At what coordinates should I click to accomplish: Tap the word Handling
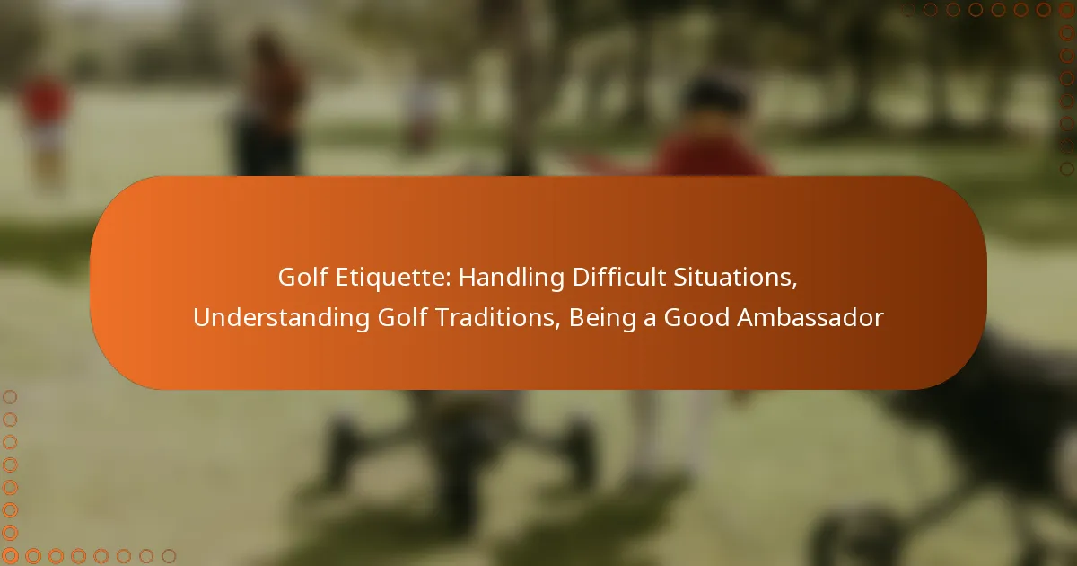[511, 278]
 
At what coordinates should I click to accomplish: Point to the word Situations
[735, 278]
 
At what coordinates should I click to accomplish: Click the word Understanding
[281, 318]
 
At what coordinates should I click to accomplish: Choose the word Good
[696, 318]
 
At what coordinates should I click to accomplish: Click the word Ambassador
[810, 318]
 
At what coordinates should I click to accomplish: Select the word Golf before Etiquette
[303, 278]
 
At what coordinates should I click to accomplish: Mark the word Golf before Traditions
[402, 318]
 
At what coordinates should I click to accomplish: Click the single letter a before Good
[650, 320]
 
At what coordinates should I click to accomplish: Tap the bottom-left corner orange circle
[10, 556]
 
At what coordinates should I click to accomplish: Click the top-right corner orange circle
[1067, 10]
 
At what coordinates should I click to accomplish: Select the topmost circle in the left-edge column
[10, 397]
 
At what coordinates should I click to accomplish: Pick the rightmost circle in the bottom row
[169, 556]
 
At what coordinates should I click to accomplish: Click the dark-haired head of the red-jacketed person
[716, 99]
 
